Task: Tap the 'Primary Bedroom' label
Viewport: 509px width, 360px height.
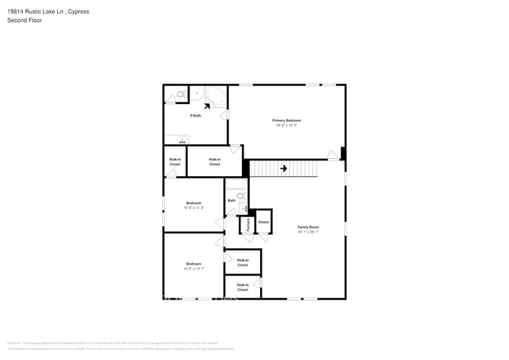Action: (x=286, y=121)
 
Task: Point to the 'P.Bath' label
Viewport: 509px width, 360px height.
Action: (x=196, y=116)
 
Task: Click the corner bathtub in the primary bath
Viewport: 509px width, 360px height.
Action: (x=215, y=98)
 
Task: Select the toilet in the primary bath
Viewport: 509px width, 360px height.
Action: (x=179, y=95)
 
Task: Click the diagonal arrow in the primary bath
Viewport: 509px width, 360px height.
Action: (x=208, y=106)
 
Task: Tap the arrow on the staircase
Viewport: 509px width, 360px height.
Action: (x=283, y=167)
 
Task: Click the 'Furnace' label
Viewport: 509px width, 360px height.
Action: (x=247, y=225)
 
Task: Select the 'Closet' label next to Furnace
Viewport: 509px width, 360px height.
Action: (x=263, y=221)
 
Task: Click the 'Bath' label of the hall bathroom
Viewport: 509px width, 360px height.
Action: (x=232, y=200)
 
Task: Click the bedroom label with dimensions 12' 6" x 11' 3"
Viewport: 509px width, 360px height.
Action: (x=194, y=205)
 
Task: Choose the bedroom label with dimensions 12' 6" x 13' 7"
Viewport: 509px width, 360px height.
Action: (x=194, y=266)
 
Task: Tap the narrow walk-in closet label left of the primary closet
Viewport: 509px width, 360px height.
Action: (x=175, y=161)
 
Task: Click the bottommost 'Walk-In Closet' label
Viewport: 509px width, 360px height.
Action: (x=243, y=287)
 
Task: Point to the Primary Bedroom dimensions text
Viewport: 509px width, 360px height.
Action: (x=286, y=125)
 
